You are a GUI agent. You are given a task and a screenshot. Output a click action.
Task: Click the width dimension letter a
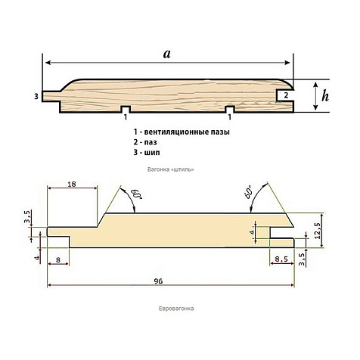point(167,54)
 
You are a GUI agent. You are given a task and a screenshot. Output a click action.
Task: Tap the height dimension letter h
point(325,96)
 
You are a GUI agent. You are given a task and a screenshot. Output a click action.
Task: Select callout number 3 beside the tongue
point(36,96)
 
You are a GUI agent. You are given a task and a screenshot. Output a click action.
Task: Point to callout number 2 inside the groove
point(286,95)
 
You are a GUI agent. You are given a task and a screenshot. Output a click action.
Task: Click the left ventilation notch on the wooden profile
point(126,109)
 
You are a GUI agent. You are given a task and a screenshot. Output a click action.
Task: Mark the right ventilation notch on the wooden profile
point(230,109)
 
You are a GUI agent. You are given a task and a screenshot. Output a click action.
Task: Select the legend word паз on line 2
point(151,142)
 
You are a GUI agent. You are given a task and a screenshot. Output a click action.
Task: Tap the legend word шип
point(152,153)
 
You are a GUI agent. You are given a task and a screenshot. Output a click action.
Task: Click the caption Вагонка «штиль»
point(171,169)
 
